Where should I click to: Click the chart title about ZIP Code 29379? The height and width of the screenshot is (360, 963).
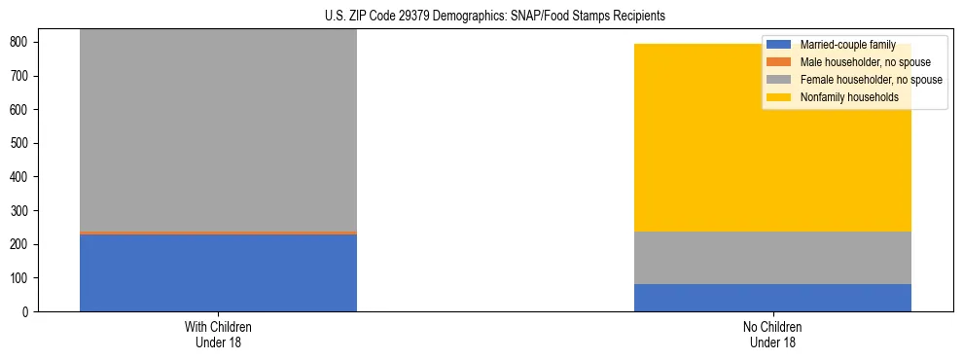tap(495, 17)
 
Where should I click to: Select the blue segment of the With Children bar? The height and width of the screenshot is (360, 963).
tap(218, 272)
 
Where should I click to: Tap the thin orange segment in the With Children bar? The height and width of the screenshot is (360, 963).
tap(218, 233)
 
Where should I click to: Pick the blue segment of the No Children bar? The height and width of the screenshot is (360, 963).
tap(772, 298)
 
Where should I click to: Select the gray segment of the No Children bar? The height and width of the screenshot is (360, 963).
tap(772, 258)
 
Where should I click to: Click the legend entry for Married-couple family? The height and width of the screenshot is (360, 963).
tap(847, 45)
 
